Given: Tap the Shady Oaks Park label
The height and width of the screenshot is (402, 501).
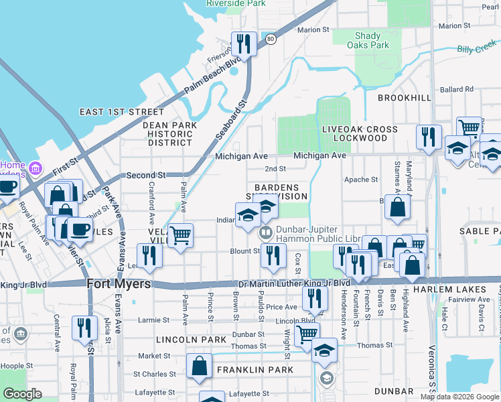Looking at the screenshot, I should pos(368,41).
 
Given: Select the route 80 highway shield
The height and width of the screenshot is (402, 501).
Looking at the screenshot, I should pos(269,40).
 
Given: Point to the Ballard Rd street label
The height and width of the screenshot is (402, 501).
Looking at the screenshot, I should pos(457,89).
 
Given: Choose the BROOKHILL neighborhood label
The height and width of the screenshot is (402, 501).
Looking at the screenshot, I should pos(404,98).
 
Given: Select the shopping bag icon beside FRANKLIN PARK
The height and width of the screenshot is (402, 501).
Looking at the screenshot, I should pos(199,366).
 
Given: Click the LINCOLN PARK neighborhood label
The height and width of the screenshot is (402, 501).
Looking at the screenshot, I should pos(182,340).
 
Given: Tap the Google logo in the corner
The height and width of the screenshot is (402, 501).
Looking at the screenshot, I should pos(23,394).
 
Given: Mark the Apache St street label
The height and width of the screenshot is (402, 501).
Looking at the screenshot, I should pos(361,180).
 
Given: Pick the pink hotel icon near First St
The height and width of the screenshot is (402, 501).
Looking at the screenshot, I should pos(34,166).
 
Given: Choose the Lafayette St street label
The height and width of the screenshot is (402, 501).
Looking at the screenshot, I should pos(159,393).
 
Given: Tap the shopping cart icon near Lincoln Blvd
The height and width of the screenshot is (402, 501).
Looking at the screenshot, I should pos(307,335).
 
